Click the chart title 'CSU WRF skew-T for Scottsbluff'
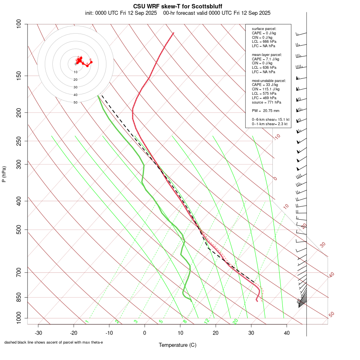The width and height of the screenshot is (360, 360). tap(178, 6)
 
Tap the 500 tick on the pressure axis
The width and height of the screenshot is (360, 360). tap(18, 230)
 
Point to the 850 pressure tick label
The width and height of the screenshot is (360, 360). tap(18, 297)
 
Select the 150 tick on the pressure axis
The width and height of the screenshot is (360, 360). tap(18, 76)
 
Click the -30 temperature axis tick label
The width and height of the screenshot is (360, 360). tap(38, 333)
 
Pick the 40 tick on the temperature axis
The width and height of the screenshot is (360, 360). tap(286, 333)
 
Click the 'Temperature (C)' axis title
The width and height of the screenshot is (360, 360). tap(178, 345)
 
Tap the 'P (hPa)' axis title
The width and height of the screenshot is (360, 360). tap(4, 174)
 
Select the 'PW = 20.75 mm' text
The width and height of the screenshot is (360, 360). tap(266, 110)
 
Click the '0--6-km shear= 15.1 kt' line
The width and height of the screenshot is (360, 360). tap(270, 120)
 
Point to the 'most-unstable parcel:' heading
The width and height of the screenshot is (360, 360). tap(269, 80)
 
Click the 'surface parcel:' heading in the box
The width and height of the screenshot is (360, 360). tap(264, 29)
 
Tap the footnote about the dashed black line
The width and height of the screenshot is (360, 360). tap(54, 342)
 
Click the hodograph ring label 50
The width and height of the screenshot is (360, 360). tap(75, 102)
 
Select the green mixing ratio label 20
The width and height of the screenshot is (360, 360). tap(235, 321)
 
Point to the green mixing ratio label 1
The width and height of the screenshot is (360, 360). tap(87, 322)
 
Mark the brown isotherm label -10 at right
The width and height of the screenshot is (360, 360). tap(277, 137)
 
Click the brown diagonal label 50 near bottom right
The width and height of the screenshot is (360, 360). tap(331, 315)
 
